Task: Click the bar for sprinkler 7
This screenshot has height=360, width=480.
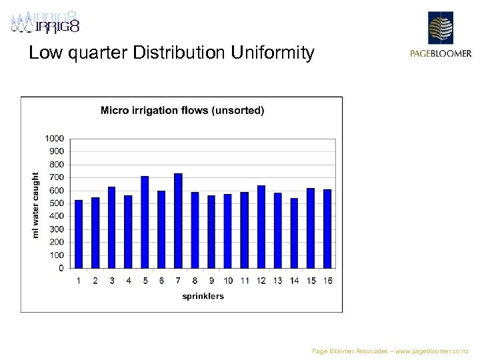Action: (x=178, y=221)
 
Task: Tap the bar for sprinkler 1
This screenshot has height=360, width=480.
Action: (x=79, y=234)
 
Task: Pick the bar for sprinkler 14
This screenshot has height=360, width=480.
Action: (x=294, y=233)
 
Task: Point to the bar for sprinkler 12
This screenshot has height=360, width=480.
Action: (x=261, y=227)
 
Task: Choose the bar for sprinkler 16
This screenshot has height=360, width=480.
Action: (x=327, y=229)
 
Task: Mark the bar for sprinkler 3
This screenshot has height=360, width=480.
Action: (x=112, y=227)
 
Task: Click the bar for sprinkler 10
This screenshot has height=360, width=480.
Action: (x=227, y=231)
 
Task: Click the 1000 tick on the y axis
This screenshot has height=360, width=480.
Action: (x=55, y=138)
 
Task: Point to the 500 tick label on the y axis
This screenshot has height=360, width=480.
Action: (x=57, y=203)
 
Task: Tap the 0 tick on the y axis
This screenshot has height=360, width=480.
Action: (x=61, y=268)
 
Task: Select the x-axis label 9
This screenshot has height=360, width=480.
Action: (x=211, y=281)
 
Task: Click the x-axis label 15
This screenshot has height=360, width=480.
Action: (x=311, y=281)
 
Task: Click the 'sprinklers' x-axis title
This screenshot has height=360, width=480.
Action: (x=203, y=296)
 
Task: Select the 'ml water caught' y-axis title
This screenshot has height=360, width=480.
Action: (x=36, y=205)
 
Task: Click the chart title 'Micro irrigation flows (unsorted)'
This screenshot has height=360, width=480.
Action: (x=182, y=111)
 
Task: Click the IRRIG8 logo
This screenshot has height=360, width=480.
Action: (x=45, y=23)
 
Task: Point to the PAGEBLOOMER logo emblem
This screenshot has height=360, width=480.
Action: (x=440, y=28)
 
